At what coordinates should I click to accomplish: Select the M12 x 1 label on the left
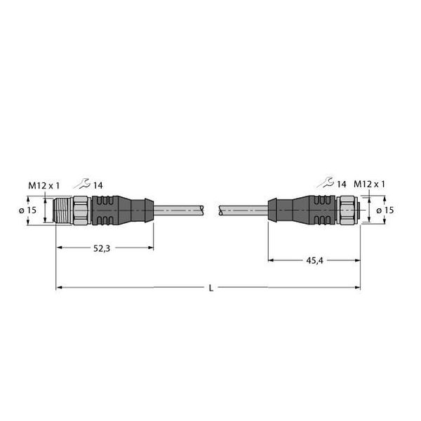[44, 185]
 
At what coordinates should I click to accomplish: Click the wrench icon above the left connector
[83, 185]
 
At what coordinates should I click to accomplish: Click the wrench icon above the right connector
[325, 184]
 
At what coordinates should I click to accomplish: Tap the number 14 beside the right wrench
[341, 184]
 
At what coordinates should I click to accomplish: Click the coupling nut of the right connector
[347, 210]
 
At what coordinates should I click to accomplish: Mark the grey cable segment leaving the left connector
[179, 210]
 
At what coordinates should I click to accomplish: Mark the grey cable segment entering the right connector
[242, 210]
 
